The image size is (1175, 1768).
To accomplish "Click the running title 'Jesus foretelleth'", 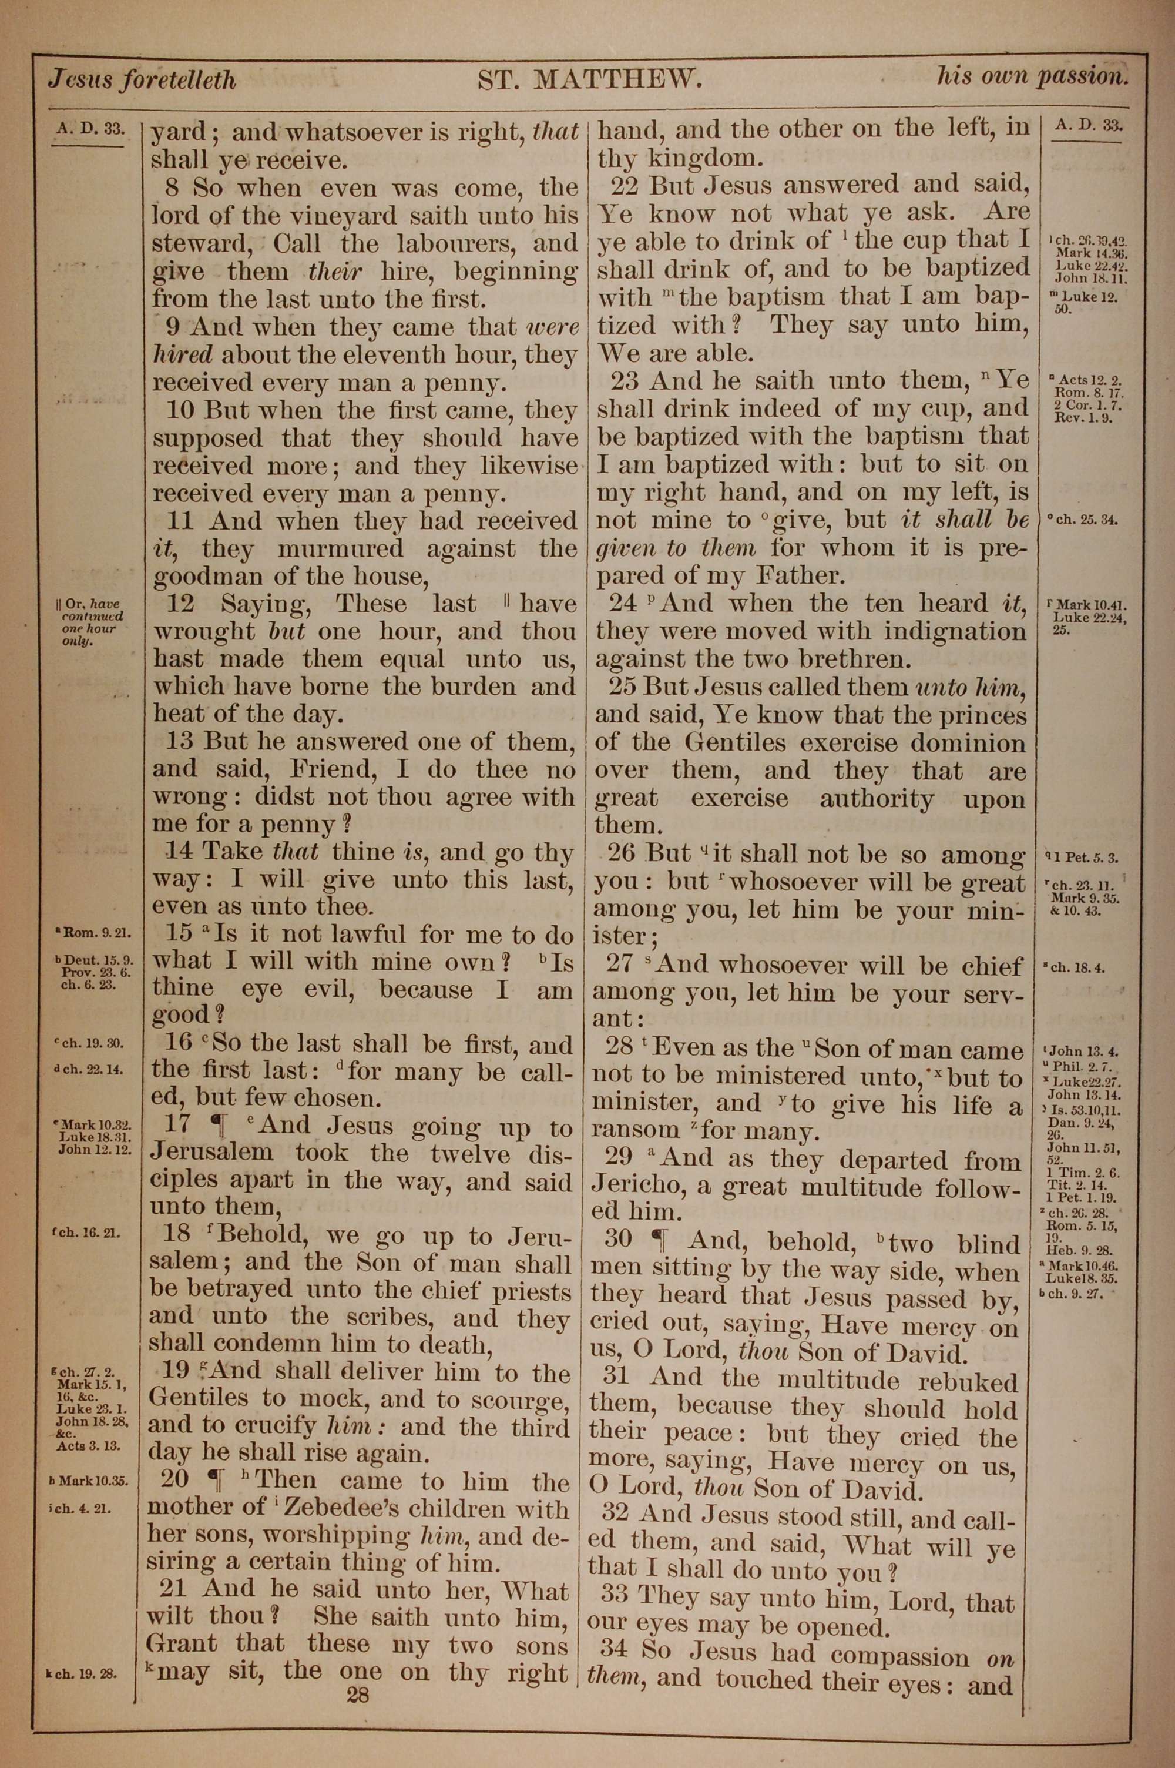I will (142, 79).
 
